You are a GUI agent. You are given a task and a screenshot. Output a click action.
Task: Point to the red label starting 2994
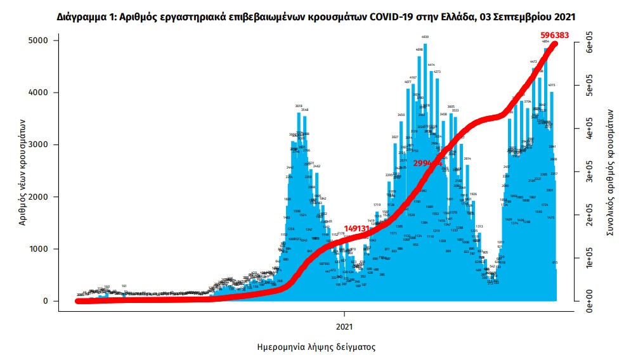click(427, 163)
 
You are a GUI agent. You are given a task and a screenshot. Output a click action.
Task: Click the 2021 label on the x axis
click(344, 326)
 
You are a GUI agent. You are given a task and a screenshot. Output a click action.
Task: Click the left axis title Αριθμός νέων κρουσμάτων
click(23, 171)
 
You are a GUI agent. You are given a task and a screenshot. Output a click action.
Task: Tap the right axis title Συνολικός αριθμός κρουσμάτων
click(610, 171)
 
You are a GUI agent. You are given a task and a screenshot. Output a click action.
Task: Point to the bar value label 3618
click(298, 106)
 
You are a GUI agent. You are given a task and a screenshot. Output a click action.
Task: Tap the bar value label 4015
click(552, 85)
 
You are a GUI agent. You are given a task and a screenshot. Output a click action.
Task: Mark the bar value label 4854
click(545, 41)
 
